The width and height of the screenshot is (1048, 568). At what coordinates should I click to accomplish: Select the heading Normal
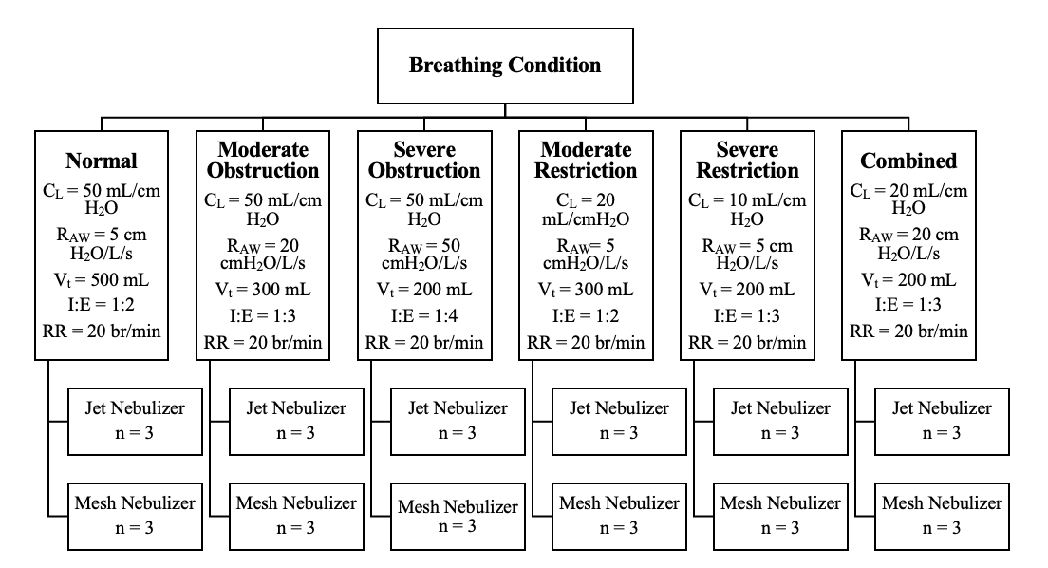(x=102, y=161)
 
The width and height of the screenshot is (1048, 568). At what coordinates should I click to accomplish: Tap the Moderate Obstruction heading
(x=263, y=160)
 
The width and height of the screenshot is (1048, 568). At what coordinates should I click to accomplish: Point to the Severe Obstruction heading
(x=424, y=160)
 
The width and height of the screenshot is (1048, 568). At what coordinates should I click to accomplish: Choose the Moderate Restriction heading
(x=586, y=160)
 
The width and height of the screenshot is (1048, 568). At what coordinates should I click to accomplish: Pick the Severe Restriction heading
(x=747, y=160)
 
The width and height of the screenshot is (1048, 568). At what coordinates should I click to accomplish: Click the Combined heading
(x=909, y=161)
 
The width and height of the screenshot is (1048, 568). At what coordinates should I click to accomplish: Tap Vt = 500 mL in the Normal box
(x=102, y=279)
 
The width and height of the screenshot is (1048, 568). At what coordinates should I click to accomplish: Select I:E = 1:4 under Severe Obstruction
(x=424, y=315)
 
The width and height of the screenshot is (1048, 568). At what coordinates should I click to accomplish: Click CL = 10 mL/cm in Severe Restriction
(x=747, y=200)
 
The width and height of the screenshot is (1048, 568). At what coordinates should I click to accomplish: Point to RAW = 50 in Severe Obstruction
(x=424, y=245)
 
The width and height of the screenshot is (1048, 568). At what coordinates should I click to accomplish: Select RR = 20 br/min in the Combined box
(x=909, y=331)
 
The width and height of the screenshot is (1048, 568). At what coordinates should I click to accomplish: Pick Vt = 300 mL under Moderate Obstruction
(x=263, y=290)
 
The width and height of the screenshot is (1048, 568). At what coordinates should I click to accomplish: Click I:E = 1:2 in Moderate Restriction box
(x=586, y=315)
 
